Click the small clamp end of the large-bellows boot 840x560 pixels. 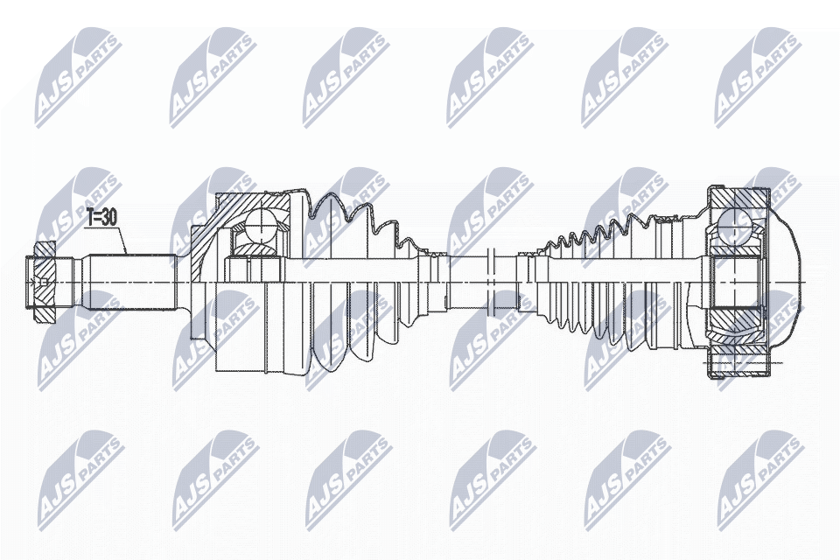(429, 262)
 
